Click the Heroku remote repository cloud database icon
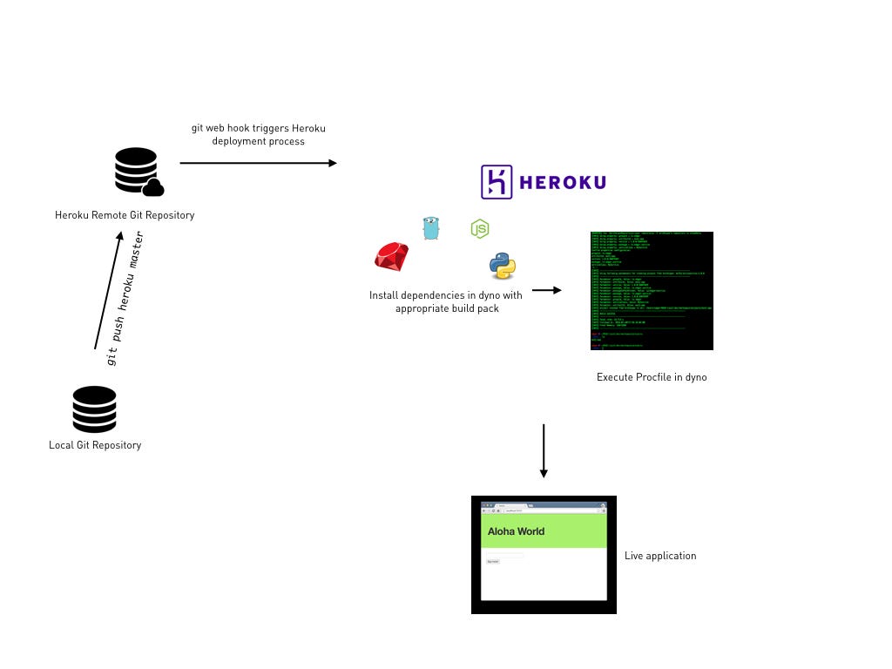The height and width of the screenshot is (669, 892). click(x=139, y=172)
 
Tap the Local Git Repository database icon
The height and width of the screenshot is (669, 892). click(x=94, y=409)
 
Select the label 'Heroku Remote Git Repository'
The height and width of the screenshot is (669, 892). click(x=125, y=215)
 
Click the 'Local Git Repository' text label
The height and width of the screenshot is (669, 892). click(x=95, y=445)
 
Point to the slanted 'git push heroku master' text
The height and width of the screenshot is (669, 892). click(x=124, y=298)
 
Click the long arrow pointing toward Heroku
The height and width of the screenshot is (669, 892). click(x=258, y=163)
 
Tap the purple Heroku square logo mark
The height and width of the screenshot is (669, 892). click(x=497, y=182)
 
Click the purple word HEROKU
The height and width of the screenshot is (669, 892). click(x=563, y=182)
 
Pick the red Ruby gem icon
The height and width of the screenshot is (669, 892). click(x=392, y=256)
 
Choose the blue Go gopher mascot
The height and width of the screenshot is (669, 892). click(x=431, y=228)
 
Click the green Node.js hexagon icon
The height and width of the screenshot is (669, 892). click(x=480, y=228)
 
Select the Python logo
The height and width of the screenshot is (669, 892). click(x=503, y=266)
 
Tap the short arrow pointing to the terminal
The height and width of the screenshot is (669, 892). click(x=546, y=290)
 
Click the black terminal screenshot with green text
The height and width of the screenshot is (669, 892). click(x=652, y=291)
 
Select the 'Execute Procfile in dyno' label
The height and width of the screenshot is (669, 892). click(x=652, y=377)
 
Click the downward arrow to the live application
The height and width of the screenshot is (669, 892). click(x=544, y=450)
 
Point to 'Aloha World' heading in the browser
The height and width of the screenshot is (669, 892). click(x=516, y=531)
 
